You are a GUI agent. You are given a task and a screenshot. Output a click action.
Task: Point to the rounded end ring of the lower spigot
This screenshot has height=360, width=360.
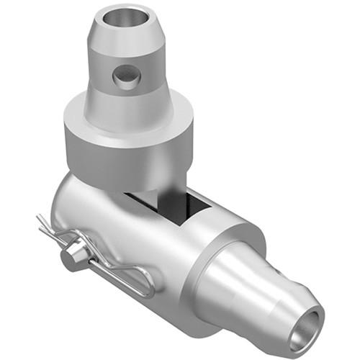pos(317,320)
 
